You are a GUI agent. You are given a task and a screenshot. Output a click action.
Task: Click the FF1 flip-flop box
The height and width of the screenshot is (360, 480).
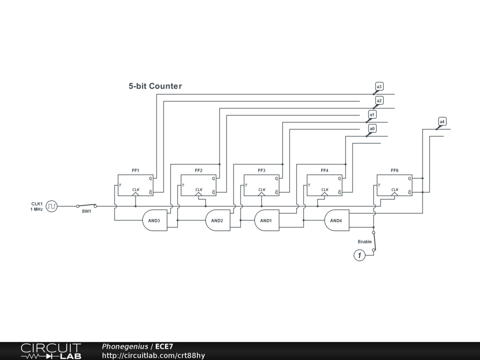(x=135, y=185)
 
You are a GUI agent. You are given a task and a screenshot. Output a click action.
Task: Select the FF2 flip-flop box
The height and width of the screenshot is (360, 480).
(x=198, y=185)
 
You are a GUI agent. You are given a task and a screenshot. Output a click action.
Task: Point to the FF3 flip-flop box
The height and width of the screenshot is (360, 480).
(x=261, y=185)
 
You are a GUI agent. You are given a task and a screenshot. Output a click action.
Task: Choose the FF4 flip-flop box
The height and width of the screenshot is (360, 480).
(x=324, y=185)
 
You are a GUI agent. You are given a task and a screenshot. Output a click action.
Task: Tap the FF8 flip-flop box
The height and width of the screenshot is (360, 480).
(x=394, y=185)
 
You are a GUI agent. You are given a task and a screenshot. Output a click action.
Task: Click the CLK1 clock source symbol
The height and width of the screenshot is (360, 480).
(x=52, y=206)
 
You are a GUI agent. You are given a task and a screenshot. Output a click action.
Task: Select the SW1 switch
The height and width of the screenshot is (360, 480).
(x=87, y=206)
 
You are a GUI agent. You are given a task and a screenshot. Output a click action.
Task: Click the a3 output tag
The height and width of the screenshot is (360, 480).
(x=379, y=87)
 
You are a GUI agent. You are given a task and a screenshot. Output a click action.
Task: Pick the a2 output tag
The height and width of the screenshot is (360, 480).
(x=379, y=101)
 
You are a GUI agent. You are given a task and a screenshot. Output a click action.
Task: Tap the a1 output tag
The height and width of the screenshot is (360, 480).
(x=372, y=115)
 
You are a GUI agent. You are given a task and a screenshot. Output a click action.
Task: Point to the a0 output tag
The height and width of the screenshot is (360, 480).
(x=372, y=129)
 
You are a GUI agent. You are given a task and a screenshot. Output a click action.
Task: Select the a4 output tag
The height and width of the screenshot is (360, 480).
(x=442, y=122)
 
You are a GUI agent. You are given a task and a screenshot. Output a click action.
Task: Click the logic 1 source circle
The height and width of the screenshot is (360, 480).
(x=360, y=255)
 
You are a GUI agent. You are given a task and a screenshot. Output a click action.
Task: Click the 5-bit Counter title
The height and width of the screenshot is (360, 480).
(x=155, y=86)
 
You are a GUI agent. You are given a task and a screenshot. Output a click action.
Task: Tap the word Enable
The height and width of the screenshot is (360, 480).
(x=365, y=242)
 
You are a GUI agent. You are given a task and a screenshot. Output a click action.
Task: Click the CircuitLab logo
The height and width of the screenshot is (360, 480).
(x=51, y=351)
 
